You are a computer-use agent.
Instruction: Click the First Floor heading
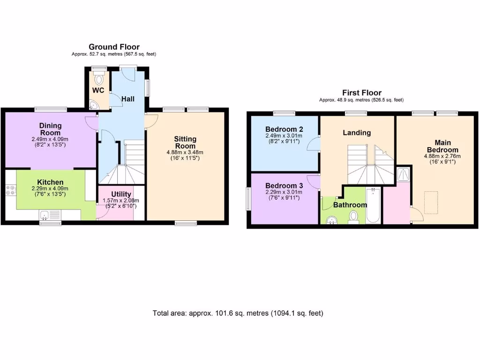pos(361,93)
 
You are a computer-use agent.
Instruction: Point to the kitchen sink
pos(46,215)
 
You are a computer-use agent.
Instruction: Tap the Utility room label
pos(121,194)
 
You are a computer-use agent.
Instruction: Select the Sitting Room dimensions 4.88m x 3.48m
pos(185,152)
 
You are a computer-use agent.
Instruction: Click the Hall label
pos(128,99)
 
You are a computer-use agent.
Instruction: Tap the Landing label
pos(357,133)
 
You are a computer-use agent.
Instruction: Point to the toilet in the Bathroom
pos(354,217)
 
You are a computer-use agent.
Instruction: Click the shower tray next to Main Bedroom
pos(403,174)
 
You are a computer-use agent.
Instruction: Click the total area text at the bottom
pos(238,313)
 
